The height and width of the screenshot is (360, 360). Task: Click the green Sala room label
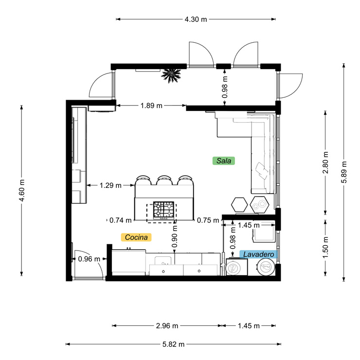[224, 160]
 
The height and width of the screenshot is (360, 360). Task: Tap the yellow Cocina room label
[136, 237]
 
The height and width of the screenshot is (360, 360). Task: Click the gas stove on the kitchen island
[162, 210]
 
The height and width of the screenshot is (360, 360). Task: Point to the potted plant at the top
[171, 75]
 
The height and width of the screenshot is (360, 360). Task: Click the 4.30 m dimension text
[196, 19]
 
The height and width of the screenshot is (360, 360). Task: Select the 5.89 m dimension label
[344, 173]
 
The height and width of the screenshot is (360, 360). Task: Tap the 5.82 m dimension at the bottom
[173, 344]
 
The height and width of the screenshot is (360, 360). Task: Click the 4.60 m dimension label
[21, 190]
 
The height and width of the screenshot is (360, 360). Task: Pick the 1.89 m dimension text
[151, 105]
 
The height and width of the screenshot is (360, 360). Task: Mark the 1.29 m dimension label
[110, 185]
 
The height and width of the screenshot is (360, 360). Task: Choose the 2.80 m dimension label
[325, 162]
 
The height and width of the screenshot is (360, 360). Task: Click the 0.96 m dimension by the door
[89, 259]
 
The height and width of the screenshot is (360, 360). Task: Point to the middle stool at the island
[164, 180]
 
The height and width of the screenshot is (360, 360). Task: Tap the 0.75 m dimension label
[208, 220]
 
